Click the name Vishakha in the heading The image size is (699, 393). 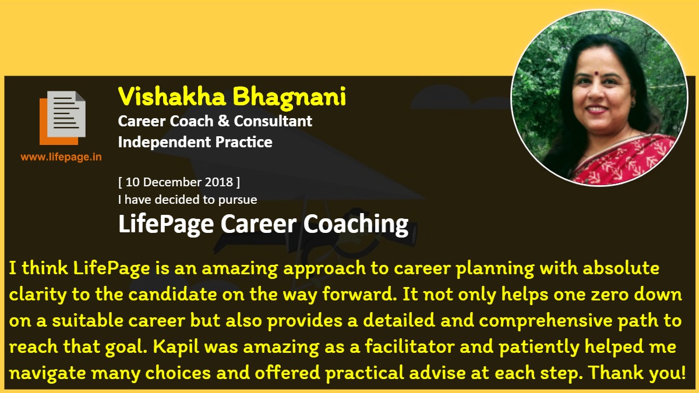tap(172, 96)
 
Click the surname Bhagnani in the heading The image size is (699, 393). tap(290, 98)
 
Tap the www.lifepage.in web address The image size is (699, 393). tap(61, 157)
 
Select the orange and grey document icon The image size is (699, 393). tap(62, 118)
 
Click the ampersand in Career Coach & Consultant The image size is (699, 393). tap(224, 121)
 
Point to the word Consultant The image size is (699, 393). tap(273, 121)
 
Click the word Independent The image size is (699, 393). tap(164, 142)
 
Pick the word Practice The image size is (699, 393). tap(243, 142)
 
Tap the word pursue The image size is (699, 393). tap(238, 200)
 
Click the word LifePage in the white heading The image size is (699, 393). tap(166, 224)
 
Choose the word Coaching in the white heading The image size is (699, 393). tap(356, 224)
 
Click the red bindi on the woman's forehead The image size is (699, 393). tap(596, 73)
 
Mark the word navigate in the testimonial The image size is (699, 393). tap(47, 373)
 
